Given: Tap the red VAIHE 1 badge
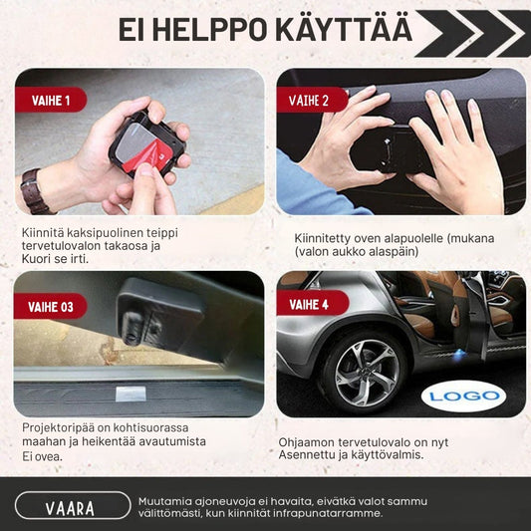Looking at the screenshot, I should click(50, 100).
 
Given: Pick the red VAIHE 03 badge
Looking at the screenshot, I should click(50, 307).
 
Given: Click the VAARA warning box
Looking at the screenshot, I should click(70, 508).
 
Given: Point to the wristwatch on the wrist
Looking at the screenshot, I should click(37, 190).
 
